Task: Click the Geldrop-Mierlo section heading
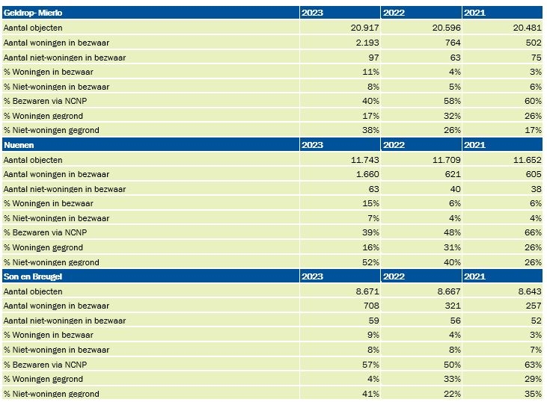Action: click(x=33, y=13)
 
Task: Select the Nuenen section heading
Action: click(x=19, y=145)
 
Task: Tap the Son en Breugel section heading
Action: click(x=33, y=276)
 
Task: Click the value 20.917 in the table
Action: click(x=364, y=28)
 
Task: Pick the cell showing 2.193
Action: click(x=367, y=43)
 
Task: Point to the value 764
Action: click(x=453, y=43)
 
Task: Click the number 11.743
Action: click(x=364, y=160)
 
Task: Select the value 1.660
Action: click(x=367, y=174)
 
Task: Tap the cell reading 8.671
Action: click(x=367, y=291)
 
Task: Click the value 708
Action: click(x=371, y=306)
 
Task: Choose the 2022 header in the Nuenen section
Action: click(x=394, y=145)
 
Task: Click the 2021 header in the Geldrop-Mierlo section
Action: click(x=474, y=13)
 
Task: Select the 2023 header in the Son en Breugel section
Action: click(x=312, y=276)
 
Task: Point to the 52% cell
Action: click(x=370, y=262)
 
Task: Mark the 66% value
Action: click(x=533, y=232)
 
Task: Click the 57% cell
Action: click(x=370, y=365)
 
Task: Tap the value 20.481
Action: click(x=527, y=28)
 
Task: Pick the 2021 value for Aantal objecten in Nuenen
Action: click(x=527, y=160)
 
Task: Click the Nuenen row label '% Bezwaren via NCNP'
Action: click(x=46, y=232)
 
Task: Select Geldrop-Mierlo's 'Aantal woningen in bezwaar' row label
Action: click(x=57, y=43)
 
